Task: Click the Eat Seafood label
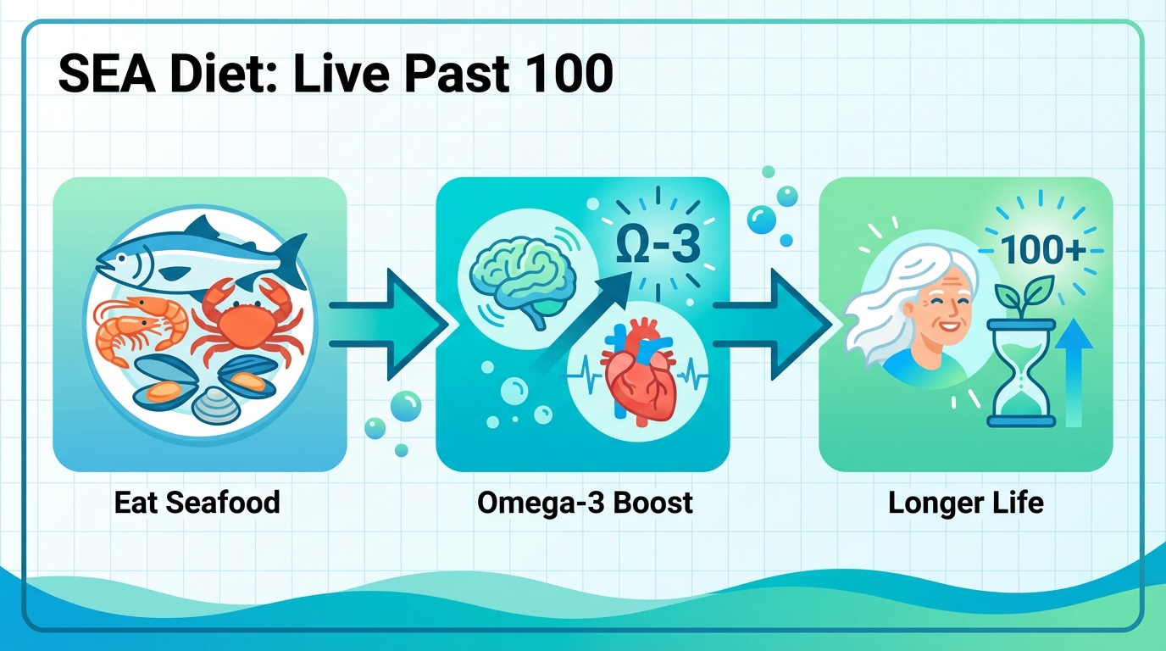tap(197, 502)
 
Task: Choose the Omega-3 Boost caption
tap(585, 502)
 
